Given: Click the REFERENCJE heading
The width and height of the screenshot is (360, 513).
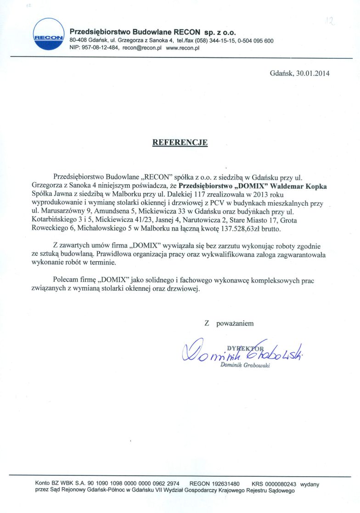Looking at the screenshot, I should coord(180,142).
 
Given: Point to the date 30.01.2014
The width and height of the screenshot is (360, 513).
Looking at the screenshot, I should coord(313,73).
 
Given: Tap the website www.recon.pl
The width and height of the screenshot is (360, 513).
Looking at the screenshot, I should coord(182,48).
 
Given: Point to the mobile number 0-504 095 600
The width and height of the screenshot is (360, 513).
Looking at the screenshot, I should coord(256,41).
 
